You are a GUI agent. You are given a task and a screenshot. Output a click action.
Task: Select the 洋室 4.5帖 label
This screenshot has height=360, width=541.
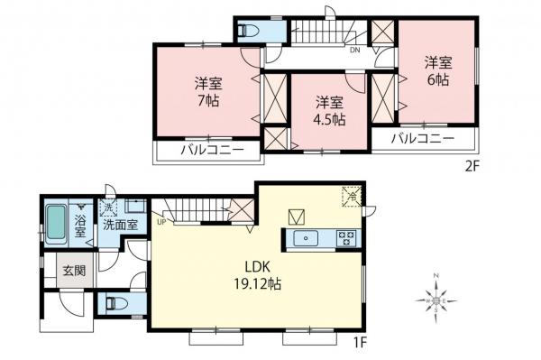tap(329, 109)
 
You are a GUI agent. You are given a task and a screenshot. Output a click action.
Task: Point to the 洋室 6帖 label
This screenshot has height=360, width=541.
tap(438, 71)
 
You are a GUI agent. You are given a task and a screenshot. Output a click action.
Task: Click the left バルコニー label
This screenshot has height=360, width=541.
tap(212, 150)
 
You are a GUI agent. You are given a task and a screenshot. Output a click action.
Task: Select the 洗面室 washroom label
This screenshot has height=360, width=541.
tap(119, 226)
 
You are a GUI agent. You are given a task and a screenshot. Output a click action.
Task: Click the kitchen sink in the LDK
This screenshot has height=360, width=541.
tap(307, 238)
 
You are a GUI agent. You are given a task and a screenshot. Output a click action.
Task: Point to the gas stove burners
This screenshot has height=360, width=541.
tap(345, 238)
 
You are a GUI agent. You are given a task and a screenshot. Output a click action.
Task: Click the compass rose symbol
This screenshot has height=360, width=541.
tap(436, 296)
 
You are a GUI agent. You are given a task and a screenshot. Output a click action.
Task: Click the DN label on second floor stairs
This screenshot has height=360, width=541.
tap(356, 51)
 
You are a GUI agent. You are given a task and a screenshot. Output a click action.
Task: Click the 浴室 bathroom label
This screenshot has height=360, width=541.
tap(79, 226)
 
